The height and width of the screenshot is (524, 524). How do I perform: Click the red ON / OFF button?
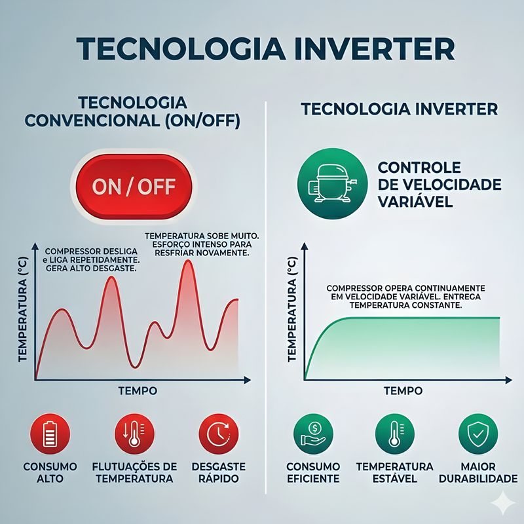[x=134, y=187]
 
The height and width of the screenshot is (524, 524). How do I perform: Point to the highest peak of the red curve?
[x=188, y=262]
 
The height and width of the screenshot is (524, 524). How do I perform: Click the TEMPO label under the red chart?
[x=138, y=391]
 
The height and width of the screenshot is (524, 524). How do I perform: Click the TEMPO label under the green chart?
[x=403, y=391]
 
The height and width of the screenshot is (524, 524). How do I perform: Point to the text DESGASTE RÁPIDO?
[x=219, y=472]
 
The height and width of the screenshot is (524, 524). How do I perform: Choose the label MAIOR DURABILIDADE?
[x=477, y=472]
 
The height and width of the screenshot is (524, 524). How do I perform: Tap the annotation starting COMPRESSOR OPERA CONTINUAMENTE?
[x=405, y=297]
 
